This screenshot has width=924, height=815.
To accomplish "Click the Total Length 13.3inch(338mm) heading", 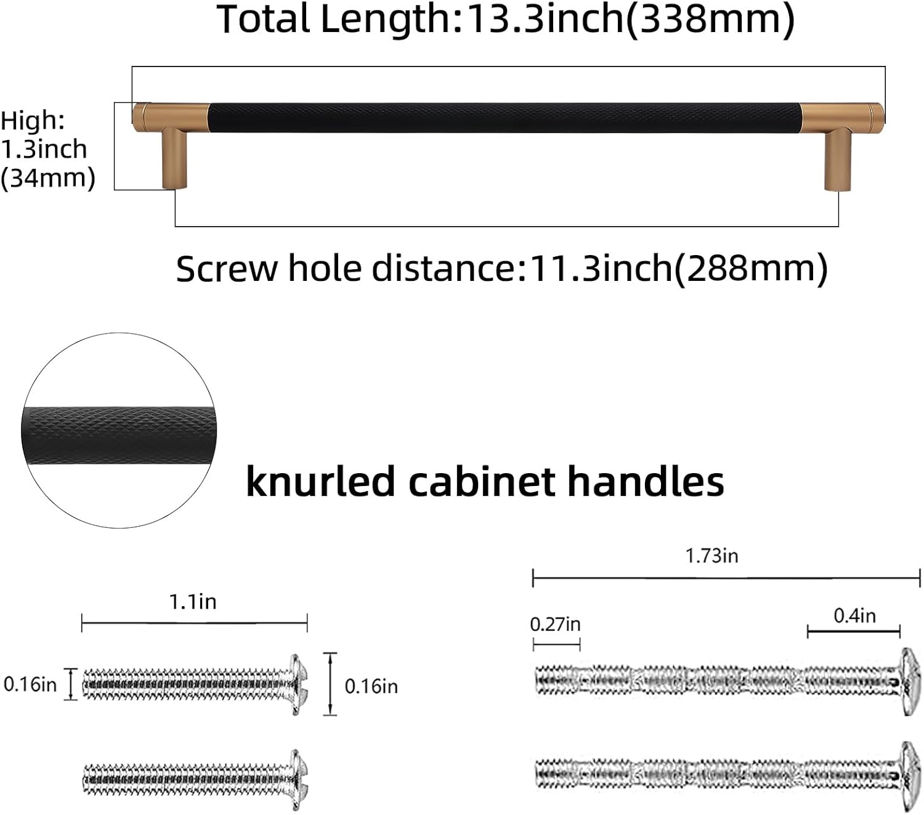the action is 505,20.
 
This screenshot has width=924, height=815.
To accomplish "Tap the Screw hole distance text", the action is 501,269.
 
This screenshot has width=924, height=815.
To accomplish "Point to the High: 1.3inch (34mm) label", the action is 46,149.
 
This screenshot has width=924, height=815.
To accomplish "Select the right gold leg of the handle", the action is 838,159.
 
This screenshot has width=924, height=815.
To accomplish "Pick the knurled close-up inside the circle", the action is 120,437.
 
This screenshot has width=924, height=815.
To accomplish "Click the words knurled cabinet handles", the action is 485,481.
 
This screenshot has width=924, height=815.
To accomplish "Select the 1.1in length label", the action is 193,602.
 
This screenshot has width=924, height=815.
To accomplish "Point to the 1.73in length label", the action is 711,556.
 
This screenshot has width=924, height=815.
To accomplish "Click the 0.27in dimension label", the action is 555,625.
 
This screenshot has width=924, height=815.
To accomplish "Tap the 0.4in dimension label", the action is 854,615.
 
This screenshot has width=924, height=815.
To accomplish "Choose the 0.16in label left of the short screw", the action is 30,684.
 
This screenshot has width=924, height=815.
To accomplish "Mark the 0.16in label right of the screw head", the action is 371,686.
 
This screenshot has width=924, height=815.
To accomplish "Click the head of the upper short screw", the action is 298,684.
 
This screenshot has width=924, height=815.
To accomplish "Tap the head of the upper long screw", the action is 909,681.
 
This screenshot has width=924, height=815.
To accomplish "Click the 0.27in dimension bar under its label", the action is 556,645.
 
